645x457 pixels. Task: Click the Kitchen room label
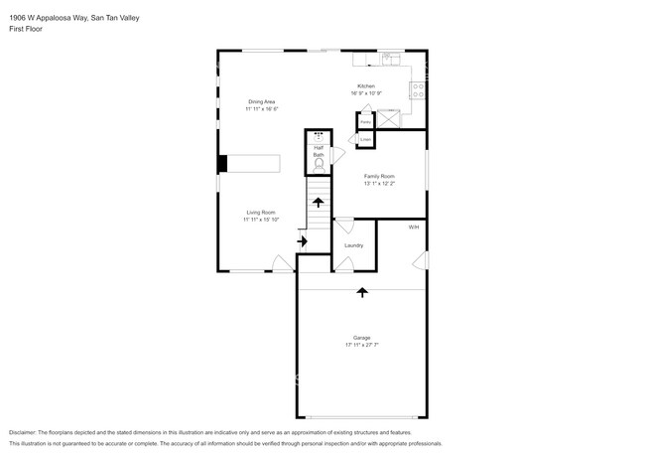pyautogui.click(x=366, y=86)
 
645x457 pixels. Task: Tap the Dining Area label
pyautogui.click(x=262, y=102)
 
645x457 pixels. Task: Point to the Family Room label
pyautogui.click(x=379, y=176)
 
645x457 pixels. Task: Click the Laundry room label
pyautogui.click(x=353, y=245)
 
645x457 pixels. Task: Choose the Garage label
pyautogui.click(x=361, y=338)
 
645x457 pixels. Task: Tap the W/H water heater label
pyautogui.click(x=414, y=228)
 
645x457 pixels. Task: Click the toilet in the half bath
pyautogui.click(x=319, y=169)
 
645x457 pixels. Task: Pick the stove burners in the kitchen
pyautogui.click(x=418, y=87)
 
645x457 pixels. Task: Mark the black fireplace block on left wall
pyautogui.click(x=223, y=164)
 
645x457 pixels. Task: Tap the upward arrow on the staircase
pyautogui.click(x=319, y=202)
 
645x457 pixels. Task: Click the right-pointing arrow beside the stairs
pyautogui.click(x=303, y=240)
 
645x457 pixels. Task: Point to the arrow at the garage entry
pyautogui.click(x=361, y=292)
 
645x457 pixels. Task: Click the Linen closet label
pyautogui.click(x=365, y=140)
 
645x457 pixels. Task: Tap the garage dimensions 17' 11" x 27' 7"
pyautogui.click(x=361, y=346)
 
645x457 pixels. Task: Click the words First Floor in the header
pyautogui.click(x=27, y=29)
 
